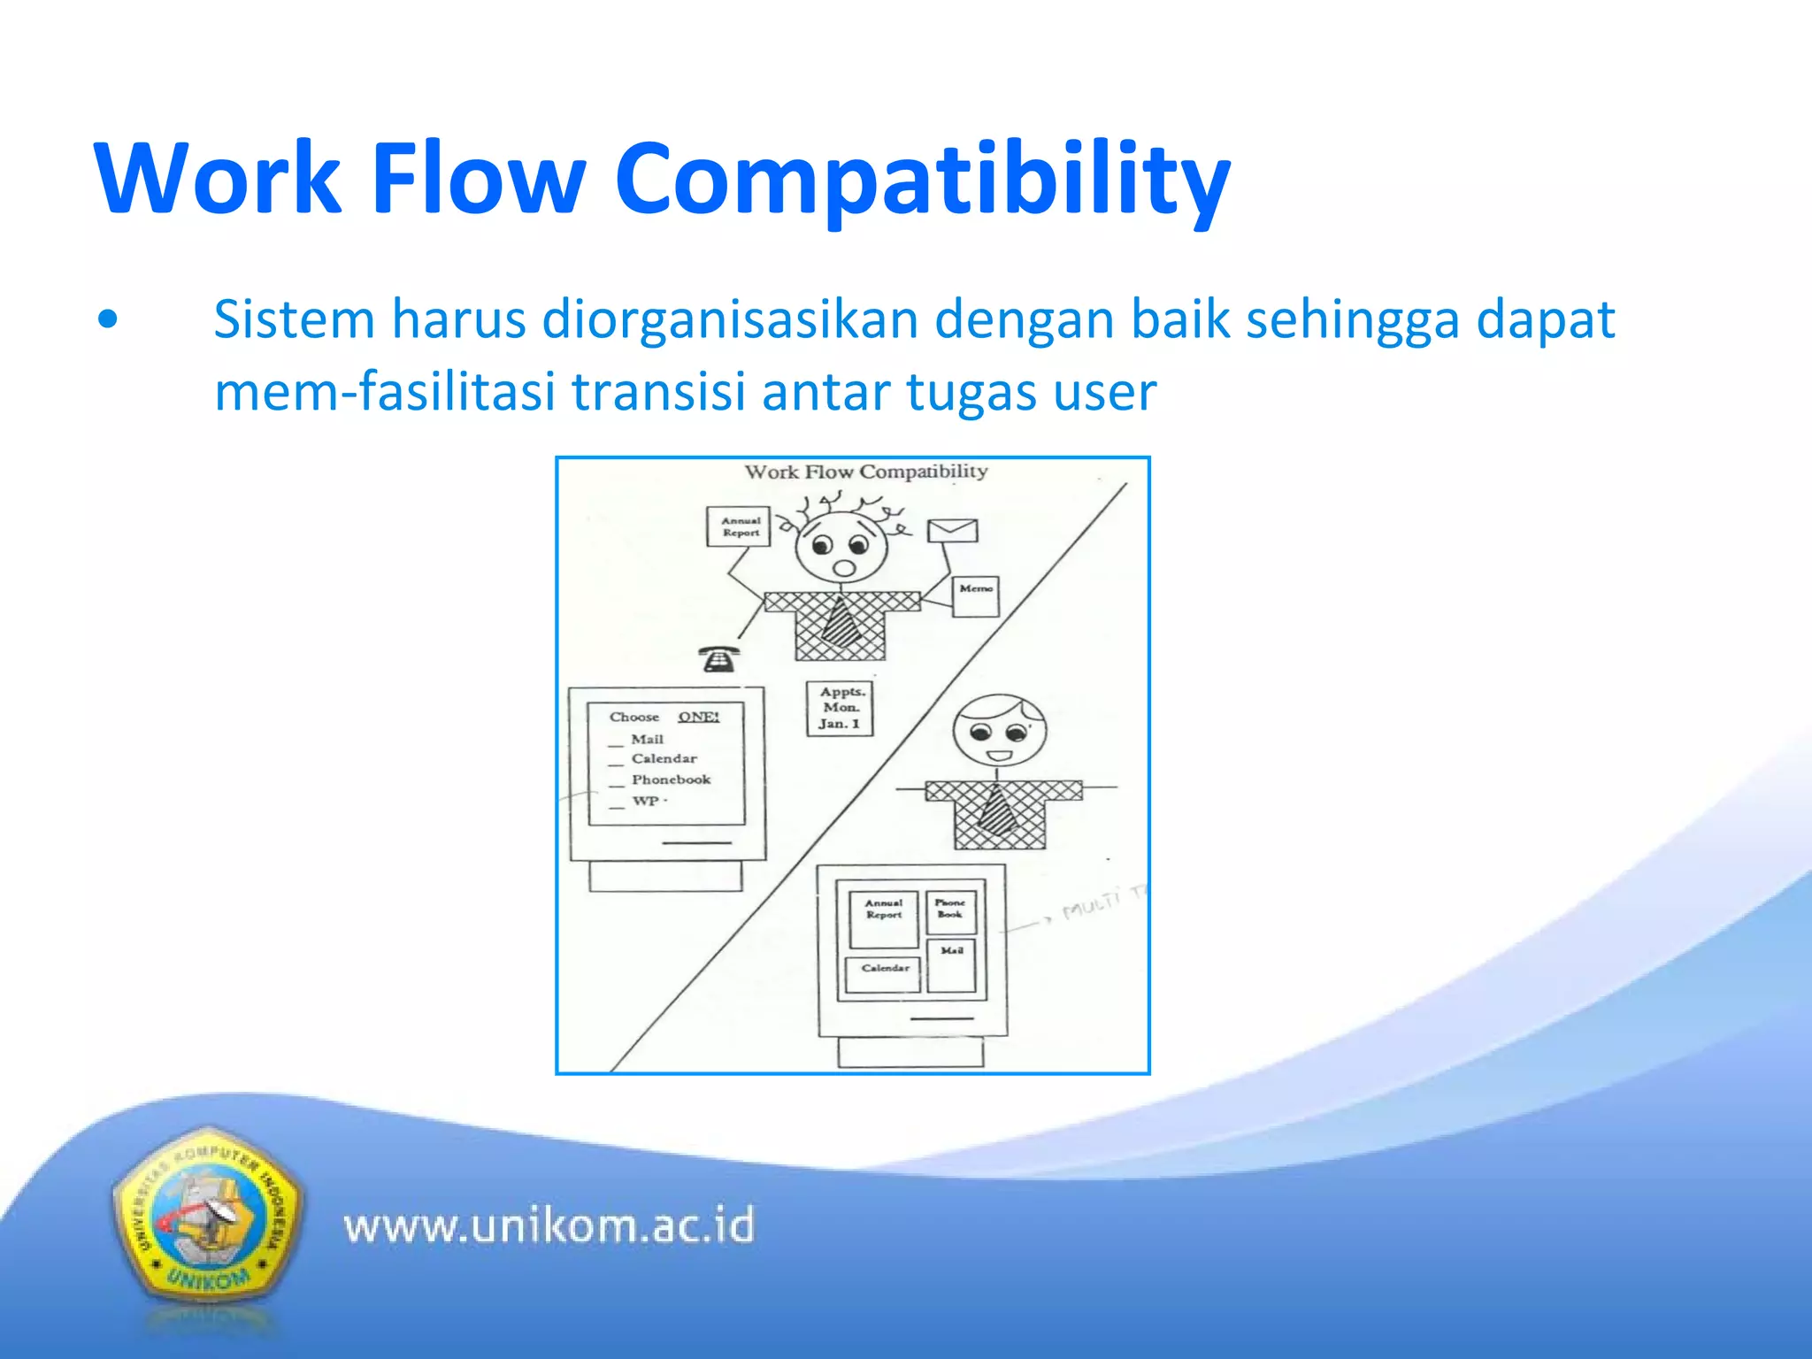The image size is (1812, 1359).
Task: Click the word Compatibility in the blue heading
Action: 922,180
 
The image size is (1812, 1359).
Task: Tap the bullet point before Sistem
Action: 108,320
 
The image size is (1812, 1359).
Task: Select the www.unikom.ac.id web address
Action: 549,1226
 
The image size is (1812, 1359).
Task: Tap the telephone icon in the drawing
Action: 718,659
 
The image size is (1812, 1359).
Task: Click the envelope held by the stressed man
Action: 952,531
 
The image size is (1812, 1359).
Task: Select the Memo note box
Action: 976,595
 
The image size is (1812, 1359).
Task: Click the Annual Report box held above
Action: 740,527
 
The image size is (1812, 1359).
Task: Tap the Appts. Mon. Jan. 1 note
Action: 840,709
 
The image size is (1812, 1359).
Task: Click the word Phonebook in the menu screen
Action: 671,779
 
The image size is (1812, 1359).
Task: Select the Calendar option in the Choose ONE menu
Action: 664,758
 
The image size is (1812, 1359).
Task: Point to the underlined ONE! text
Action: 698,717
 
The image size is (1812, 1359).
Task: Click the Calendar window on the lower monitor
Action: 884,973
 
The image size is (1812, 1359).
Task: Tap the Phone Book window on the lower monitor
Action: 951,911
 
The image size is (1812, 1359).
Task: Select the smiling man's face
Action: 999,732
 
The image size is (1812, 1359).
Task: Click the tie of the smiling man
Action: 998,810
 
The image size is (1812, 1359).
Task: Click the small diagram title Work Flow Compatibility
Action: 865,472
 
